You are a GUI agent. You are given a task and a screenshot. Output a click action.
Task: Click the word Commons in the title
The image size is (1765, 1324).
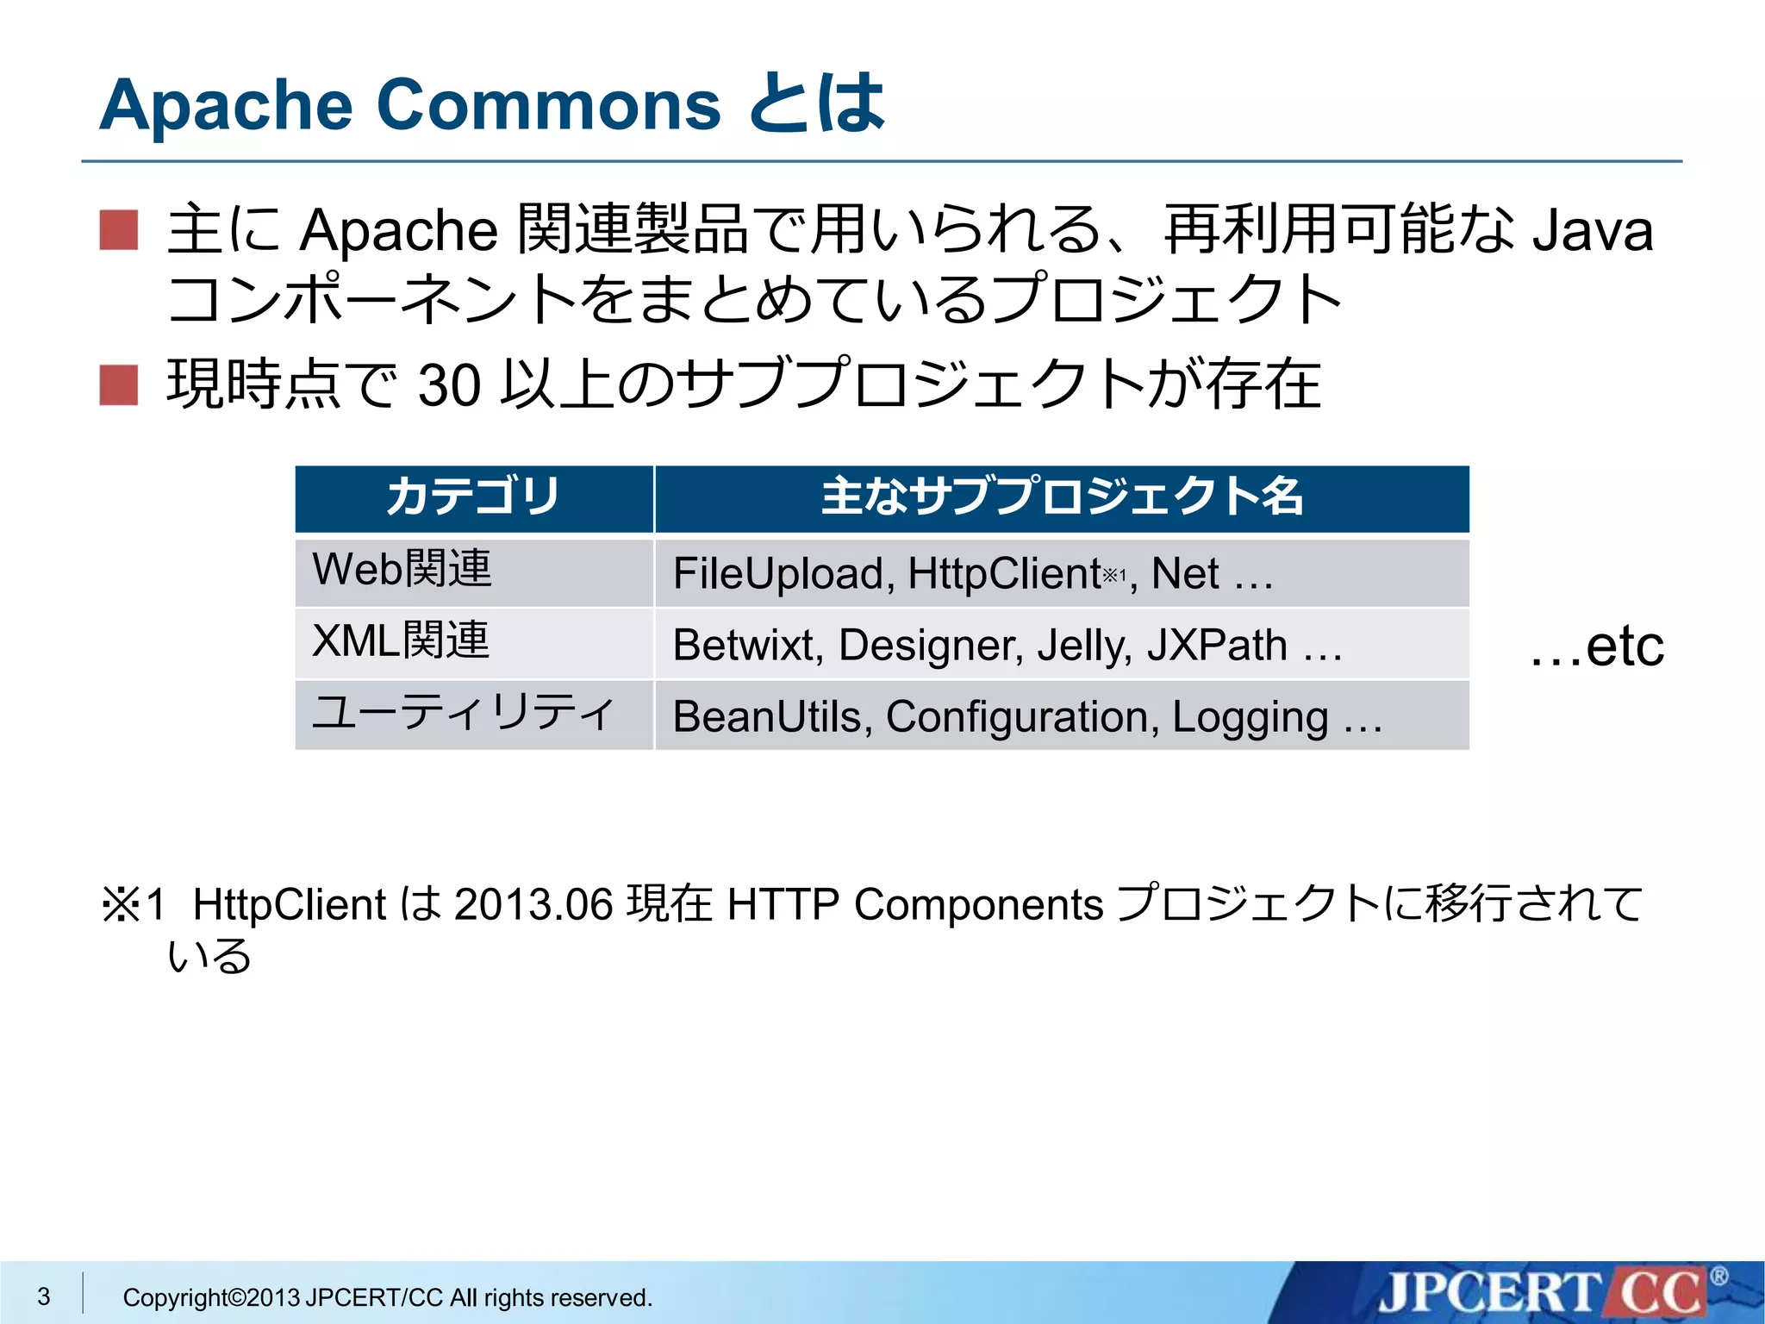(548, 105)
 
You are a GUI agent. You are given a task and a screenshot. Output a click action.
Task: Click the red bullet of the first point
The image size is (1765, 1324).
(119, 229)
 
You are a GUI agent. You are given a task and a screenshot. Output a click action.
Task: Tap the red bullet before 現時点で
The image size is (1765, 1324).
(119, 384)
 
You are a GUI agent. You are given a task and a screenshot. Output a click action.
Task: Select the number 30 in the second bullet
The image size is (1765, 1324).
(448, 385)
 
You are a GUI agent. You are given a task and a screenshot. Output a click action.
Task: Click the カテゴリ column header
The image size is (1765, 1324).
(473, 497)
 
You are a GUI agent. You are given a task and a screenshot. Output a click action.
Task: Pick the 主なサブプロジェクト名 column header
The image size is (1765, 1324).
(1062, 497)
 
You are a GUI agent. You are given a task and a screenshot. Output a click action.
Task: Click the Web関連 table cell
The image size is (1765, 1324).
(402, 570)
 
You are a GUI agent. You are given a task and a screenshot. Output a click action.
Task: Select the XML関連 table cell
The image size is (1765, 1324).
(401, 641)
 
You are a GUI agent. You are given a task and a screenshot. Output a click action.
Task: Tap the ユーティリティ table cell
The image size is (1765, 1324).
(463, 713)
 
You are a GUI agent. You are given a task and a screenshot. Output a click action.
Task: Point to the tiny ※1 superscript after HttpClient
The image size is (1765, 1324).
(1114, 574)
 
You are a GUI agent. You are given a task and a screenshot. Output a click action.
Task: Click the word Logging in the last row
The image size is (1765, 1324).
(1250, 717)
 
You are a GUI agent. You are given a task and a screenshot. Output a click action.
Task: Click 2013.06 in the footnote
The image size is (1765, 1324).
(533, 905)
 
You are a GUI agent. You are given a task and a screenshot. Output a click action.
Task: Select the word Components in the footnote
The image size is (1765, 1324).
(978, 905)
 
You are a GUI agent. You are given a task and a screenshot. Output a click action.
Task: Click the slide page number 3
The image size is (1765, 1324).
(44, 1296)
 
